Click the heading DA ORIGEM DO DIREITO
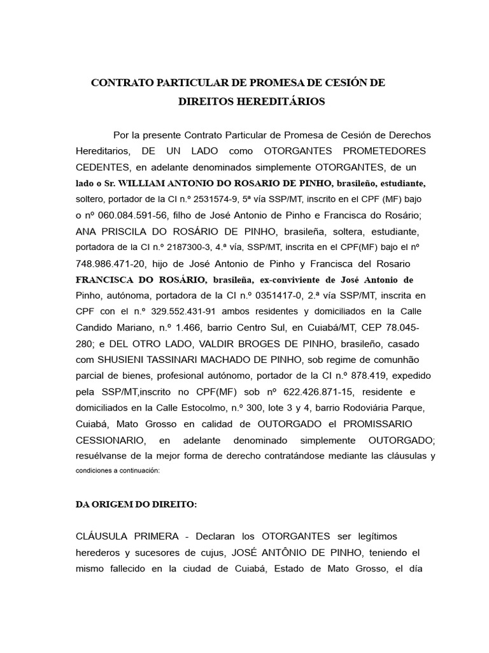tap(136, 504)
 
